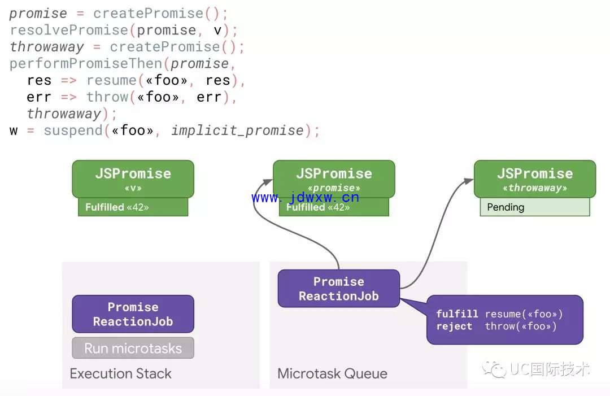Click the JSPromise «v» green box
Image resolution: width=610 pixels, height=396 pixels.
click(x=133, y=179)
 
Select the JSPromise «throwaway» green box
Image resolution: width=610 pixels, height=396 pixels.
click(x=535, y=179)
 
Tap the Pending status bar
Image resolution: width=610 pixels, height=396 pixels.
click(x=535, y=207)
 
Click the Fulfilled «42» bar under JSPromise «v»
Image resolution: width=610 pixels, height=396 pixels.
click(x=133, y=207)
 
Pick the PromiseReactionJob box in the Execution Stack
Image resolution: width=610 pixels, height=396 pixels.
click(x=133, y=314)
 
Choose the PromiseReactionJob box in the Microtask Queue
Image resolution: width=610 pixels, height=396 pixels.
click(x=339, y=289)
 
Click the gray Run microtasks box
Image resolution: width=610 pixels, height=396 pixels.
click(x=133, y=348)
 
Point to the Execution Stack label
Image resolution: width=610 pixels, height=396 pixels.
click(x=121, y=373)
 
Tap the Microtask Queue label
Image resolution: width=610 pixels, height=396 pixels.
click(x=332, y=373)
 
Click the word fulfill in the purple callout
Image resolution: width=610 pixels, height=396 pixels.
click(x=457, y=314)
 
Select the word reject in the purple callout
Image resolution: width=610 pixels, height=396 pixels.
click(x=454, y=326)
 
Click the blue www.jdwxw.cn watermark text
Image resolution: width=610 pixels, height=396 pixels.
click(x=306, y=197)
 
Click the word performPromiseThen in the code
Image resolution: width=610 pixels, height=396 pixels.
click(x=86, y=63)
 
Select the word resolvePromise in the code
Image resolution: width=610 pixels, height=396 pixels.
click(x=69, y=30)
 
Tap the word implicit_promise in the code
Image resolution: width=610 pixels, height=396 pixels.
click(x=237, y=130)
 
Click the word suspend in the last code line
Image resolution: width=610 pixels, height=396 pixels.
click(x=73, y=130)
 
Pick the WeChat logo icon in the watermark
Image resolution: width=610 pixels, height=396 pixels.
click(x=494, y=369)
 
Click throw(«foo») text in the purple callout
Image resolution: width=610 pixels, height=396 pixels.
click(x=521, y=326)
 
